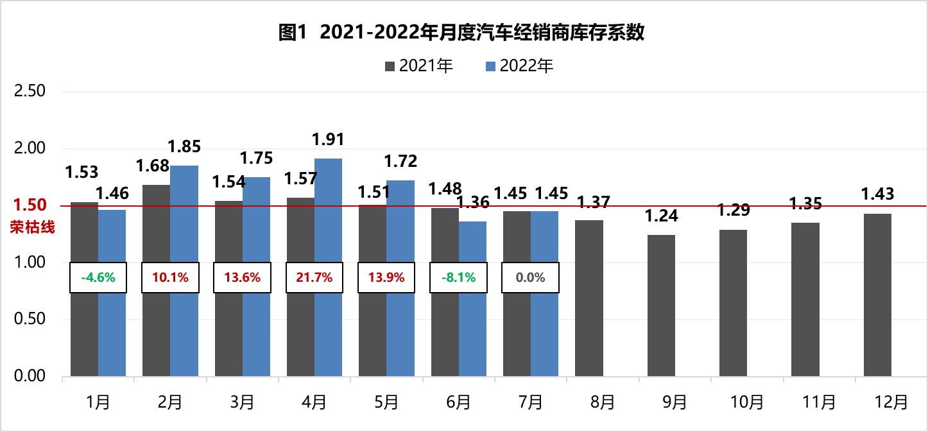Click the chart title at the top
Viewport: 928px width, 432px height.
tap(461, 33)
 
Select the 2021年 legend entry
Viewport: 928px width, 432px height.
tap(419, 66)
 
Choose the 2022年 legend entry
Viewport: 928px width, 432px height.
tap(519, 66)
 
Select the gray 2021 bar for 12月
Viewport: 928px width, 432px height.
tap(877, 295)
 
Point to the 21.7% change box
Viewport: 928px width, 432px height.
tap(314, 278)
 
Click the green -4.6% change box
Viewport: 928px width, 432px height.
tap(98, 278)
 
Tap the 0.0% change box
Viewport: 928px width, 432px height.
tap(531, 278)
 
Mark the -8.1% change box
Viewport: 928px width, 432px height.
tap(459, 278)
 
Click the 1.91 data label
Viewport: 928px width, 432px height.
tap(328, 139)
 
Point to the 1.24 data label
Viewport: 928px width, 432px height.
tap(661, 216)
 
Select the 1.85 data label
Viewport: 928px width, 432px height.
tap(184, 146)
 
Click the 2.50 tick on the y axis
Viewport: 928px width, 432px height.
tap(30, 91)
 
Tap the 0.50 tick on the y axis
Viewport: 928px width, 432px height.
tap(30, 319)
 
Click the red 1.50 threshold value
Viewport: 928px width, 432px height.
tap(30, 205)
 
